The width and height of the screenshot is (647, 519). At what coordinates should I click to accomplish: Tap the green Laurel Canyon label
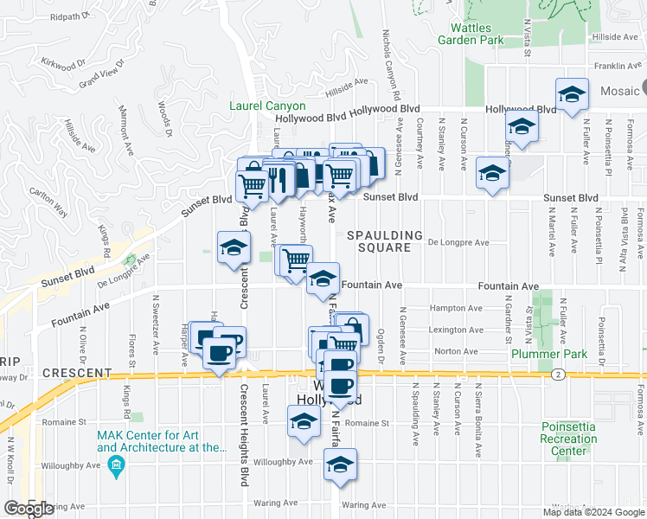(x=267, y=106)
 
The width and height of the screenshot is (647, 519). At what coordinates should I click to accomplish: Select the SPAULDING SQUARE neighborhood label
(x=385, y=241)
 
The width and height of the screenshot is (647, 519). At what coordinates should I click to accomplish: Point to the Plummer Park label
(x=548, y=354)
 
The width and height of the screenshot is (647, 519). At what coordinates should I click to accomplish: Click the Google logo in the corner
(x=29, y=509)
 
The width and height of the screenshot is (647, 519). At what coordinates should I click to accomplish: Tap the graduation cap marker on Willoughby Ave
(x=341, y=465)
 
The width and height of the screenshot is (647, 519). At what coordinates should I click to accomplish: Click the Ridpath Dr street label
(x=70, y=16)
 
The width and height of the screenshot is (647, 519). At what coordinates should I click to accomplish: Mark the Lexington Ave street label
(x=458, y=330)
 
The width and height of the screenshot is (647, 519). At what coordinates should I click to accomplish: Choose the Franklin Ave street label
(x=612, y=66)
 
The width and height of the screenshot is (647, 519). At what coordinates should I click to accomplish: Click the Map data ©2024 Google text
(x=593, y=511)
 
